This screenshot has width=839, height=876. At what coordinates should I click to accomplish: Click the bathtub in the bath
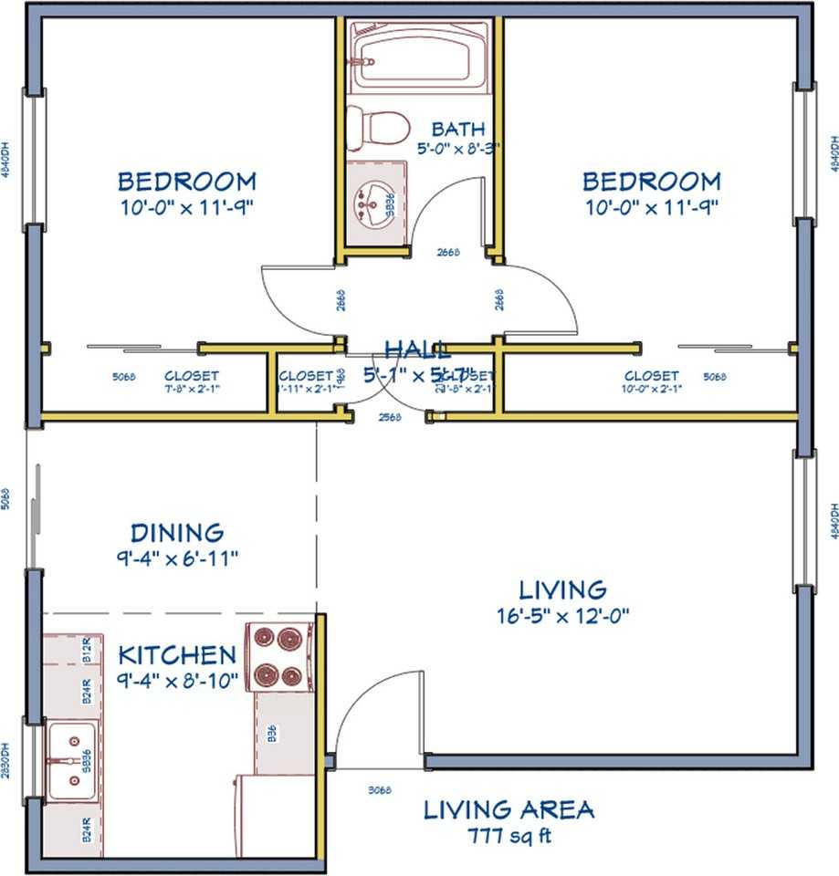pyautogui.click(x=421, y=57)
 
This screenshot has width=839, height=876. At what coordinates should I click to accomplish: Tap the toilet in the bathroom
pyautogui.click(x=375, y=128)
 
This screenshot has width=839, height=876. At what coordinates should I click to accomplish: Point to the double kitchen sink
pyautogui.click(x=72, y=757)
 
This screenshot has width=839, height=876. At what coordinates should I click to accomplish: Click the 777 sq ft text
pyautogui.click(x=509, y=834)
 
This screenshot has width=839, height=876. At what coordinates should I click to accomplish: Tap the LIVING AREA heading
pyautogui.click(x=509, y=809)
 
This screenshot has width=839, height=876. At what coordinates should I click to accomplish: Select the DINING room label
pyautogui.click(x=177, y=532)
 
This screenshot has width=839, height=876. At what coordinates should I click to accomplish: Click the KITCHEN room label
pyautogui.click(x=177, y=655)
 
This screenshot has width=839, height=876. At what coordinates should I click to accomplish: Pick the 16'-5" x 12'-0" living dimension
pyautogui.click(x=562, y=614)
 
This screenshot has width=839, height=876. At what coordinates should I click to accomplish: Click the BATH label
pyautogui.click(x=458, y=129)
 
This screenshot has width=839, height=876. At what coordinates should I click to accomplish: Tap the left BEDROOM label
pyautogui.click(x=186, y=181)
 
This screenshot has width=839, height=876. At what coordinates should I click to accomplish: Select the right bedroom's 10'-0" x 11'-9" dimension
pyautogui.click(x=652, y=206)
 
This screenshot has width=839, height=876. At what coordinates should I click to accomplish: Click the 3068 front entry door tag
pyautogui.click(x=380, y=790)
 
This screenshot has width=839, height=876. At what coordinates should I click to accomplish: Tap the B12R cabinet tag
pyautogui.click(x=88, y=651)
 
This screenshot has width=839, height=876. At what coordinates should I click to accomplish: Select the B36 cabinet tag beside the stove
pyautogui.click(x=272, y=733)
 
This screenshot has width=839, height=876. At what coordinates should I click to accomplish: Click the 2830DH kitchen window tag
pyautogui.click(x=7, y=758)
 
